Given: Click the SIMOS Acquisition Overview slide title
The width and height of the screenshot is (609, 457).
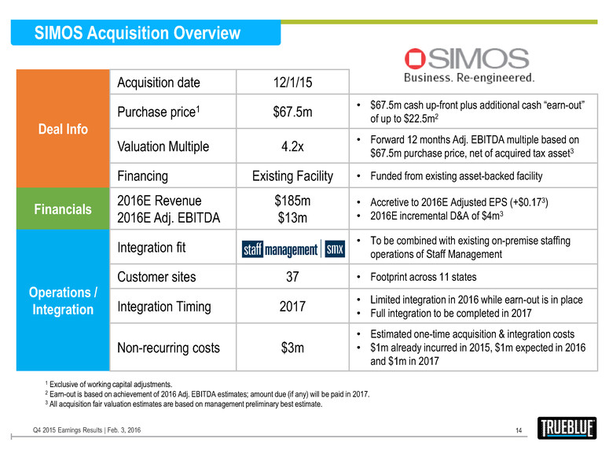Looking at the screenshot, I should [138, 33].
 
